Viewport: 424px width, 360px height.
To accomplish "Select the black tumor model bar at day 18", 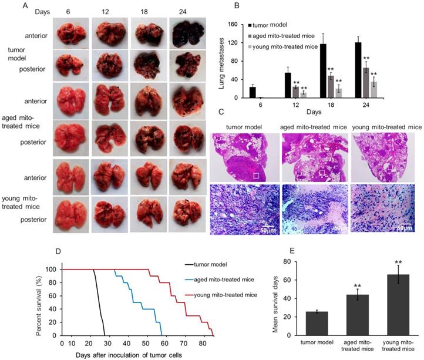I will click(307, 71).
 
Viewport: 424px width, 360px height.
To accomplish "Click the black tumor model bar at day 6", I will click(253, 92).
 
